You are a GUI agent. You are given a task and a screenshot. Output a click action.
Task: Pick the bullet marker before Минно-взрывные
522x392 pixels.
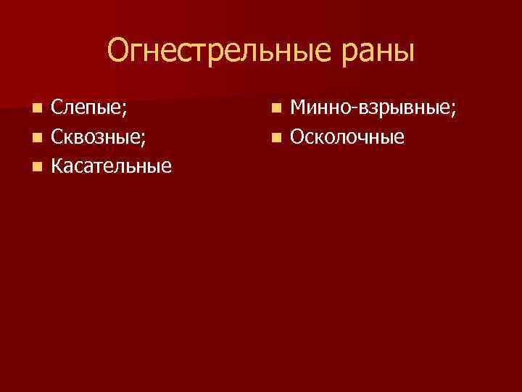(275, 109)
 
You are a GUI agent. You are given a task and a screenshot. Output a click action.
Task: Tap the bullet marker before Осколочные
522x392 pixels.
(275, 137)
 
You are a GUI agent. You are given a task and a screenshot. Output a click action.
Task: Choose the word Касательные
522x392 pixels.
(112, 166)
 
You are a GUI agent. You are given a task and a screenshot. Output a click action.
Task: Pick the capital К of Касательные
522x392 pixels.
(57, 166)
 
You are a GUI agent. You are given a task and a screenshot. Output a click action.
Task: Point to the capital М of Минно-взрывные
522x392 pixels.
(299, 108)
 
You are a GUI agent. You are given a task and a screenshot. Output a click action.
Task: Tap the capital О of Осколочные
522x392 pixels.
(297, 137)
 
